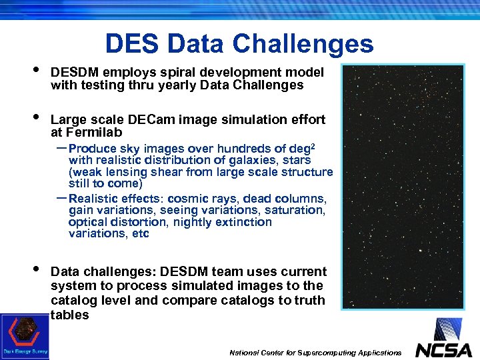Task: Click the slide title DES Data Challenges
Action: (239, 44)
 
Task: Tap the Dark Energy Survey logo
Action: (24, 337)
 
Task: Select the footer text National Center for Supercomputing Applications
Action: (315, 352)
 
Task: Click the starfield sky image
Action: (403, 187)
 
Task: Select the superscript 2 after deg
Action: (313, 145)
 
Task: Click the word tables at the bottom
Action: (69, 315)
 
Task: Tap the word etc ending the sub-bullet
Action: (141, 233)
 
